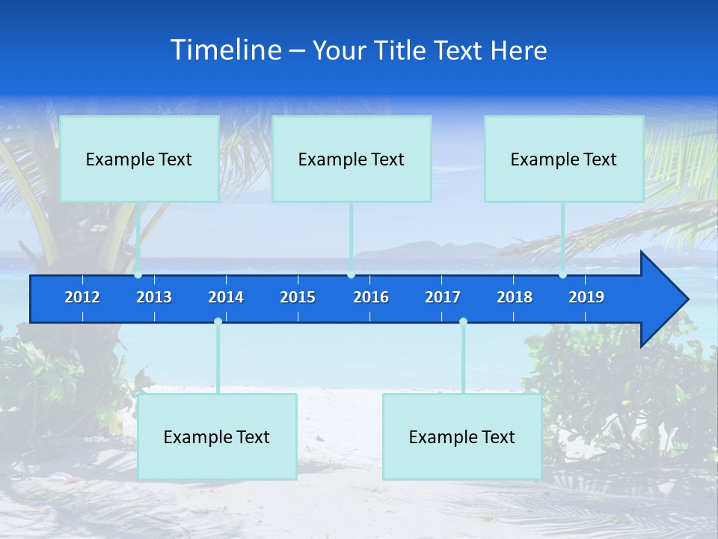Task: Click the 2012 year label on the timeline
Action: click(82, 297)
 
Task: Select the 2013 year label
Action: click(154, 297)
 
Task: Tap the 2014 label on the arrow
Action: click(226, 297)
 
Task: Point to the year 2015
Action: click(298, 297)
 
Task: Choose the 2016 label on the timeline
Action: click(371, 297)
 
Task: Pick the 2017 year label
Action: click(443, 297)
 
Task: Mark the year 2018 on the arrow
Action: click(515, 297)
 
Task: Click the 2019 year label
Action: click(586, 297)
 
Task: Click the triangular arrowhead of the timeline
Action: click(663, 299)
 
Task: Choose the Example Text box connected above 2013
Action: click(139, 159)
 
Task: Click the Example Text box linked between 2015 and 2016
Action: click(352, 159)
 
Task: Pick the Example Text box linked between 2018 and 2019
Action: click(564, 159)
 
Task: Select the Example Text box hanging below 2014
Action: click(217, 436)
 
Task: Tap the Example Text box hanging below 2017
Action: click(462, 436)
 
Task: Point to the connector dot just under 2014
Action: click(218, 321)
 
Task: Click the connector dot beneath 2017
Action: click(463, 321)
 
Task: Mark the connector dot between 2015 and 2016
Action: click(351, 275)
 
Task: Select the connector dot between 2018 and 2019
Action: click(562, 275)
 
